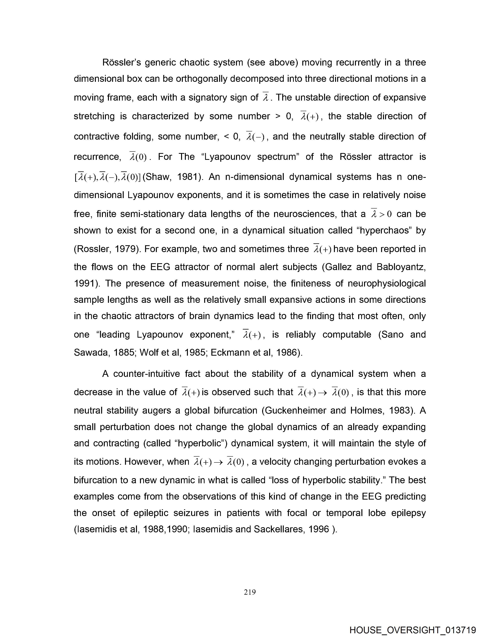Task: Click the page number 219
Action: (x=250, y=592)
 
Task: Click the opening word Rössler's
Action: (x=121, y=63)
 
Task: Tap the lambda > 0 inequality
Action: (x=381, y=214)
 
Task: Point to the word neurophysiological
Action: (x=387, y=283)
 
